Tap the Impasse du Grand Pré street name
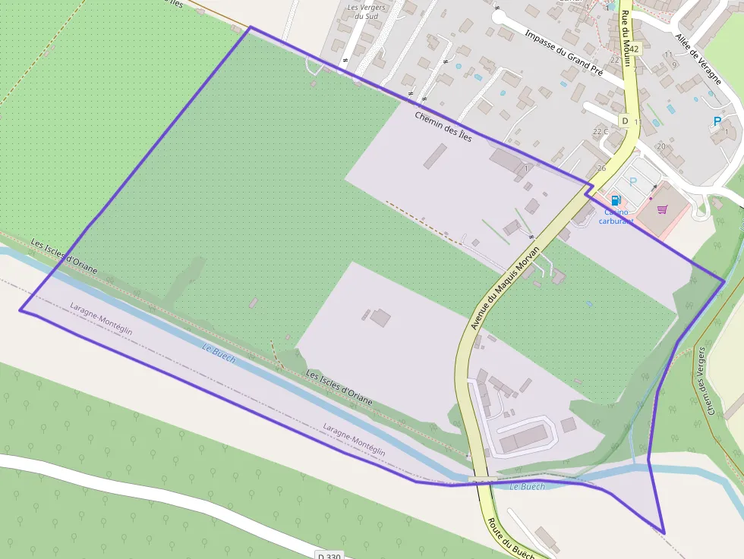[563, 54]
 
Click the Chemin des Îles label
[443, 127]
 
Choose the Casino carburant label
[616, 217]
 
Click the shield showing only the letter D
[625, 121]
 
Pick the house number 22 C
[601, 132]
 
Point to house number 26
[601, 168]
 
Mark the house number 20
[661, 146]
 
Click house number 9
[674, 64]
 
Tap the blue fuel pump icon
[616, 200]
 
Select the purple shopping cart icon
[662, 209]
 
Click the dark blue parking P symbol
[717, 121]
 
